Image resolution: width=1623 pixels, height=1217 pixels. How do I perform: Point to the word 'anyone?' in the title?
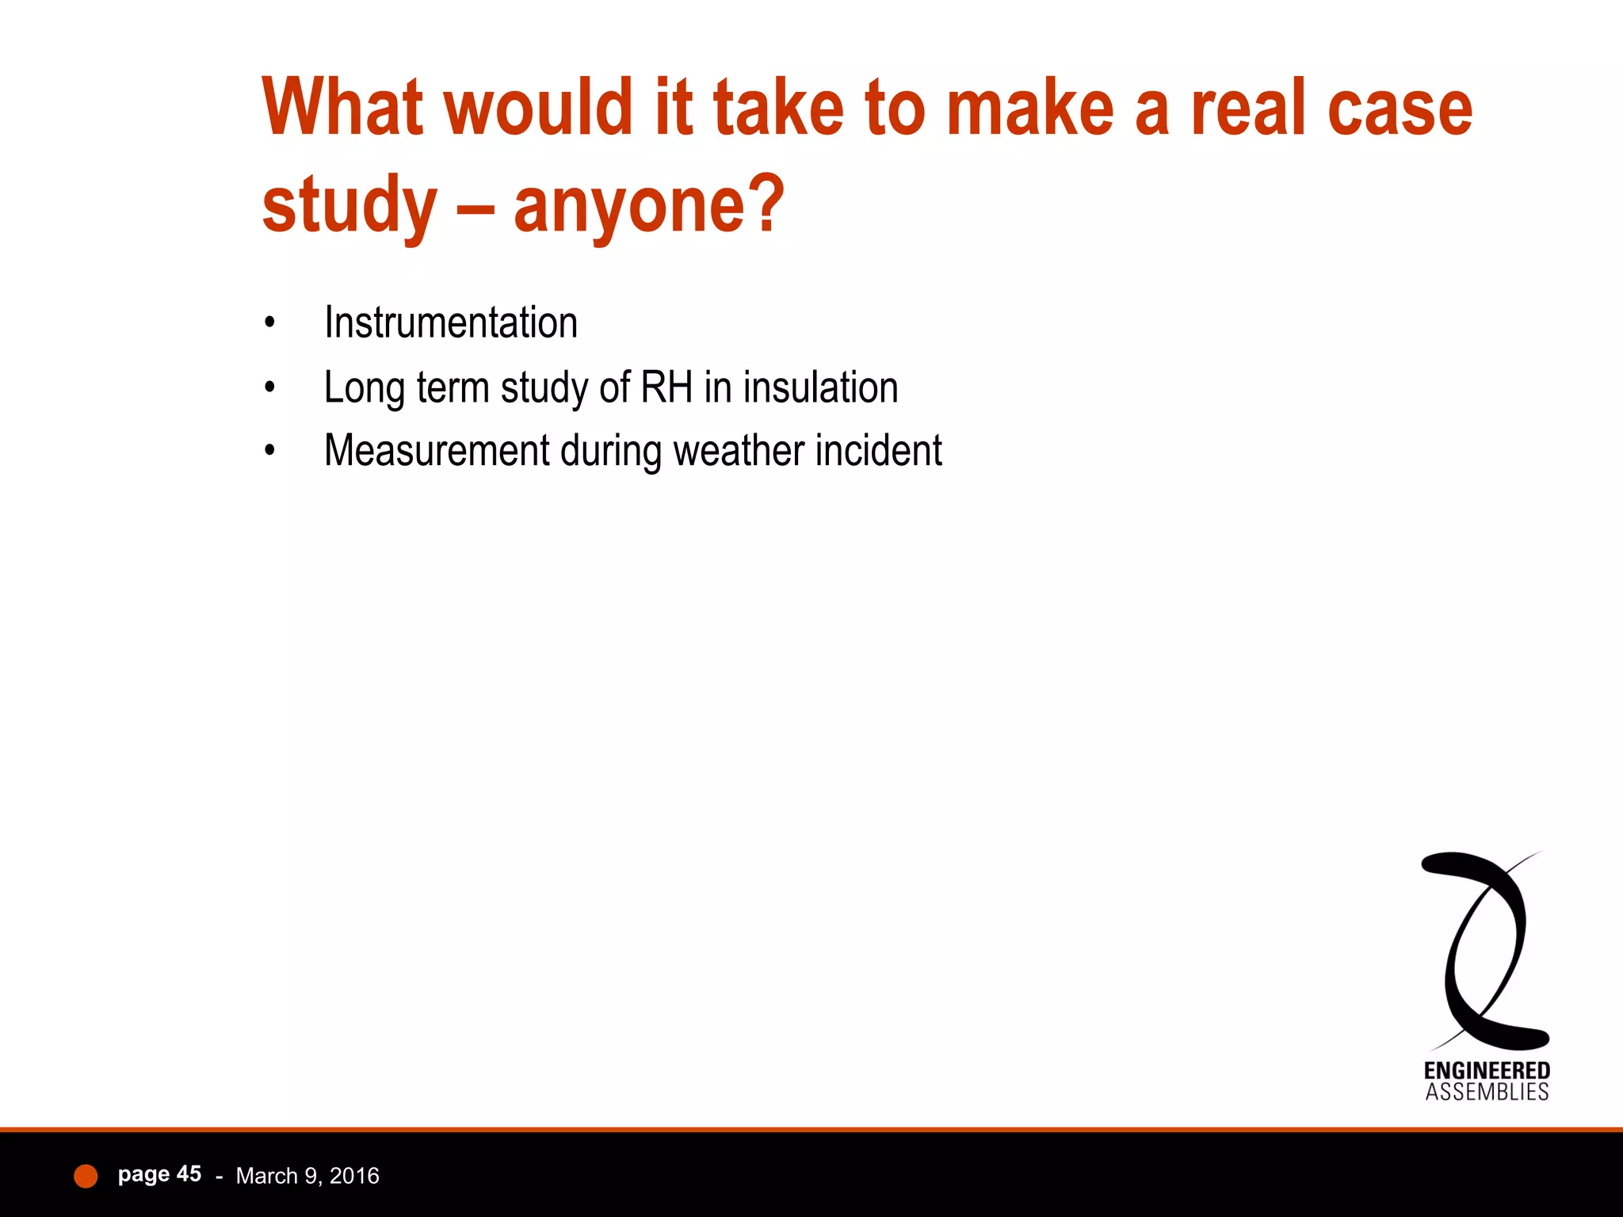pyautogui.click(x=649, y=206)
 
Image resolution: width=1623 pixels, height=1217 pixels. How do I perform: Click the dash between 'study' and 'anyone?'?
pyautogui.click(x=475, y=208)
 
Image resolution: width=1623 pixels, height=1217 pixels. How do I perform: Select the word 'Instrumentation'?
pyautogui.click(x=451, y=323)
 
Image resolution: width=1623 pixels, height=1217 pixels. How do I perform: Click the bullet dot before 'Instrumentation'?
pyautogui.click(x=270, y=323)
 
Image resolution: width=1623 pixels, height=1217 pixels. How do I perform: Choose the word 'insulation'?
pyautogui.click(x=821, y=387)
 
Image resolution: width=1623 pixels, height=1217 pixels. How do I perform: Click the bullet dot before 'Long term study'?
pyautogui.click(x=270, y=387)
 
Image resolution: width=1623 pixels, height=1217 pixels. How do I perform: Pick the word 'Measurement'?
pyautogui.click(x=437, y=451)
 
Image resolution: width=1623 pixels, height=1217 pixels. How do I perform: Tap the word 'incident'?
pyautogui.click(x=879, y=451)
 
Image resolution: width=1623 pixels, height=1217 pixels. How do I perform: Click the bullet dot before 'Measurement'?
pyautogui.click(x=270, y=451)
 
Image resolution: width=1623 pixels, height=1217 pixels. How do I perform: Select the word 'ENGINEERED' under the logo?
pyautogui.click(x=1487, y=1071)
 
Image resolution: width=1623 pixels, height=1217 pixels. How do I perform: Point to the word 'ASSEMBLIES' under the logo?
pyautogui.click(x=1487, y=1093)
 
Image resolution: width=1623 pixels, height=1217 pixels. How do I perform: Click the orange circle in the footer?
pyautogui.click(x=86, y=1177)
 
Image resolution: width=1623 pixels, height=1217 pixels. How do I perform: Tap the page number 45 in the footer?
pyautogui.click(x=189, y=1174)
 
